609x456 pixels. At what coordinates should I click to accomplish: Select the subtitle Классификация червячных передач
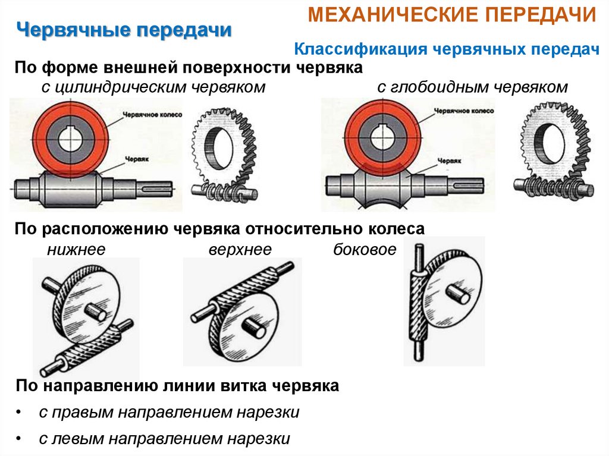point(446,50)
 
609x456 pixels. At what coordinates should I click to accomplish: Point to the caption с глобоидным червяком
point(472,87)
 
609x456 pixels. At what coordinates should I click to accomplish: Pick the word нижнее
point(76,250)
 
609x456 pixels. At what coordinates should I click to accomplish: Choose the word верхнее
point(240,250)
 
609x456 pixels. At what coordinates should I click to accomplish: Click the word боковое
point(364,250)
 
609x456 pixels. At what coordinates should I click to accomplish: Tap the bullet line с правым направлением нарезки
point(169,412)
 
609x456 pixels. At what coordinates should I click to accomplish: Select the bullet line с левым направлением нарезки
point(164,439)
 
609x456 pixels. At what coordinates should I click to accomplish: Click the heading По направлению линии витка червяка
point(177,386)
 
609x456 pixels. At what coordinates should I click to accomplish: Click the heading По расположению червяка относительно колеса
point(219,229)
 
